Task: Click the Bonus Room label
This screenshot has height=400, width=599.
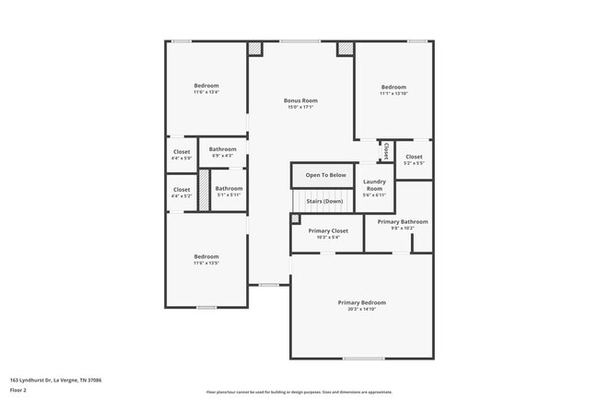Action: point(300,100)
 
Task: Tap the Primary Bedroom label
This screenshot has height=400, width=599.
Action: point(361,302)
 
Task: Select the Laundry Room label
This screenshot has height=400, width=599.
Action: point(374,184)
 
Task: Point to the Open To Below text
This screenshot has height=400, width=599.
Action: point(325,174)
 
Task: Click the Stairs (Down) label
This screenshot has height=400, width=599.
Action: point(324,201)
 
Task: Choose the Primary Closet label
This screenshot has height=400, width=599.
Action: point(327,230)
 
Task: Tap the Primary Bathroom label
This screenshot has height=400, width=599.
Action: point(402,221)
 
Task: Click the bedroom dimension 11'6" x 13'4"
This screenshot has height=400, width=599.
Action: point(206,92)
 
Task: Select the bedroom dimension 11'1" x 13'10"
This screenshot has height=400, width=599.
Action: point(393,93)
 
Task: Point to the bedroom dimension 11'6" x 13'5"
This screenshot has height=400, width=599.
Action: point(206,263)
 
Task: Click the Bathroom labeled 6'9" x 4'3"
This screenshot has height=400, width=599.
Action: point(222,152)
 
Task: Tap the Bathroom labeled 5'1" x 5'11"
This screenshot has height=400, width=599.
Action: point(229,192)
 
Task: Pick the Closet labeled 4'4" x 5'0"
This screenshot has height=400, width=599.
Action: point(182,155)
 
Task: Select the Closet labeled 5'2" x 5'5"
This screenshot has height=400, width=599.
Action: point(414,159)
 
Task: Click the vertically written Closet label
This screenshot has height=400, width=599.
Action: point(386,149)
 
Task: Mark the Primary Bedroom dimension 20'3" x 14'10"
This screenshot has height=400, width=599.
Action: point(361,309)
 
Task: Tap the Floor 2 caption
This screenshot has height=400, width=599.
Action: point(18,390)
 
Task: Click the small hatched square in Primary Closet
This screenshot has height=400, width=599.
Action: point(295,218)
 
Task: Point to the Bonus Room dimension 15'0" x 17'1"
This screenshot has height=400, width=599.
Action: point(300,107)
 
